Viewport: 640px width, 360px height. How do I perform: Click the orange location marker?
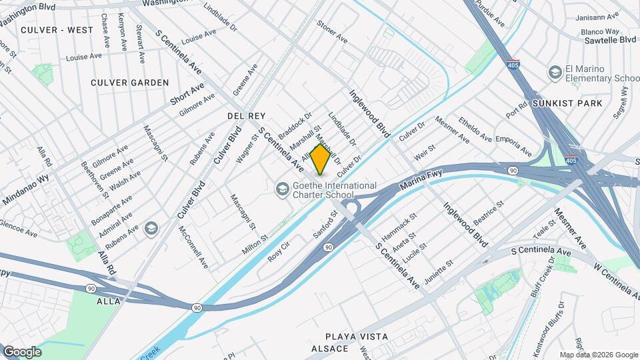(x=321, y=159)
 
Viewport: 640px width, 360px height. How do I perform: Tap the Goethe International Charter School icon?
(x=283, y=190)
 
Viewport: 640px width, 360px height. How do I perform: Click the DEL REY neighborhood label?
(x=247, y=116)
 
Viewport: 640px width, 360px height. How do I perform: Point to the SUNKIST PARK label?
(x=567, y=103)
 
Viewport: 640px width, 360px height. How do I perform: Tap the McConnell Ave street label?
(x=194, y=247)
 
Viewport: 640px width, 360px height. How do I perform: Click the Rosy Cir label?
(x=279, y=251)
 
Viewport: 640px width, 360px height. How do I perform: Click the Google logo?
(x=22, y=352)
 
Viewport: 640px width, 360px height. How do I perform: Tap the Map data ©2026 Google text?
(x=598, y=355)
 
